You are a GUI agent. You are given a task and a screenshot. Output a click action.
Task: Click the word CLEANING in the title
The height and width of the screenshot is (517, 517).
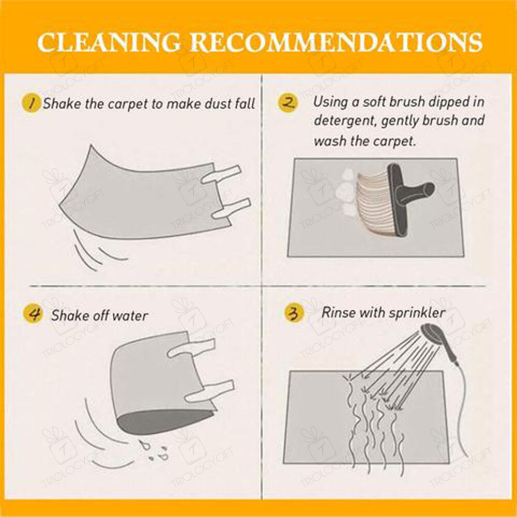coord(109,42)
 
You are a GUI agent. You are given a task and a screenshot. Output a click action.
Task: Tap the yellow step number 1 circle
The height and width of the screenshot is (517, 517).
coord(32,103)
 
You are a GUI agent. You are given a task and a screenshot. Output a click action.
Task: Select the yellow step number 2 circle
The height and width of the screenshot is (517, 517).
coord(287,102)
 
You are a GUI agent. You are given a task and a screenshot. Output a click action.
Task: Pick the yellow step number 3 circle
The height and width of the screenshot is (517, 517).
coord(294,313)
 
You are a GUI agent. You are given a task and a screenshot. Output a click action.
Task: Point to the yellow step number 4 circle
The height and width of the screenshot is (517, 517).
coord(33,314)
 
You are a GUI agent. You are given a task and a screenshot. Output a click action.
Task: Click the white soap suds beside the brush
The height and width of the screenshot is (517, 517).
coord(347,191)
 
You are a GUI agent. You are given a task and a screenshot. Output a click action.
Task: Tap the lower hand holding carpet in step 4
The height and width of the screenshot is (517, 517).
coord(209,391)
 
